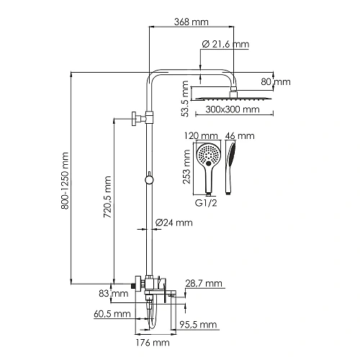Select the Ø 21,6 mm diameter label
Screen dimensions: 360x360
(225, 45)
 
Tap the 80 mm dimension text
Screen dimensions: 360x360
(276, 81)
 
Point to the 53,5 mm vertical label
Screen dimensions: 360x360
(187, 99)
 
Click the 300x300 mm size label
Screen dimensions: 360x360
(231, 110)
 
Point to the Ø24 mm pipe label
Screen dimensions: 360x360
(174, 222)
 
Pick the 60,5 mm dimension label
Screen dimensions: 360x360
(112, 314)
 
